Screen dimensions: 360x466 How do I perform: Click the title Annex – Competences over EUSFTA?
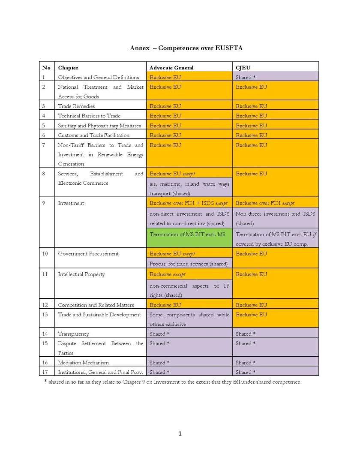[180, 48]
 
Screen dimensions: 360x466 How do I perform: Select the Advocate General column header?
[171, 68]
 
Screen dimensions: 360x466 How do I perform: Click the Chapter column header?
[68, 68]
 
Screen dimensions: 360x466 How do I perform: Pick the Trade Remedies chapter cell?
[76, 106]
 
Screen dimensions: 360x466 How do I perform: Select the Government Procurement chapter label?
[88, 254]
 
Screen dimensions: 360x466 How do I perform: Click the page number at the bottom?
[180, 433]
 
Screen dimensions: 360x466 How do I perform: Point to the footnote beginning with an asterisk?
[172, 382]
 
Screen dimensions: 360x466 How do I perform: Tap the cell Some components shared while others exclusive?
[189, 319]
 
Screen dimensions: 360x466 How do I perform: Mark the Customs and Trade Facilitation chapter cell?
[93, 135]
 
